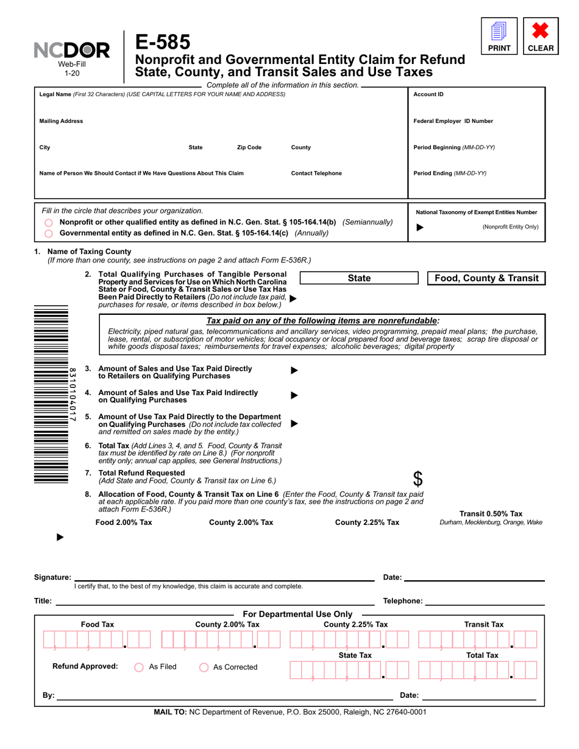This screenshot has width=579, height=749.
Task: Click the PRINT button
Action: (499, 37)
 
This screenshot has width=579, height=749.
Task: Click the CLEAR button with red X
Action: (541, 37)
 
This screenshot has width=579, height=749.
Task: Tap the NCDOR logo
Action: (72, 51)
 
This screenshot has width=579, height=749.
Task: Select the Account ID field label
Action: (428, 94)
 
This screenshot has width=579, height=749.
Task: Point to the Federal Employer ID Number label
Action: (453, 121)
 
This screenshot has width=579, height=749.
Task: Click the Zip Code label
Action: (249, 147)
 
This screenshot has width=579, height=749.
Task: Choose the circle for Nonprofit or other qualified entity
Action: (49, 223)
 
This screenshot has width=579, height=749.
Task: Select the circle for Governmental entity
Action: (49, 233)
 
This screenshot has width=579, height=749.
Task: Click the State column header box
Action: (358, 278)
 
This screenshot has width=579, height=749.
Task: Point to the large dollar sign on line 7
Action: (417, 479)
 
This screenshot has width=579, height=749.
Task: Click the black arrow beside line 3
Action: (294, 370)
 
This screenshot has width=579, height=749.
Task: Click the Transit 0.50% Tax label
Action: (491, 514)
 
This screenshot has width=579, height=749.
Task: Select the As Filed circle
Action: (138, 667)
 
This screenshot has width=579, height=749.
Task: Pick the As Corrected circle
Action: (204, 667)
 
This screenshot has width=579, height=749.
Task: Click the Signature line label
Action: (52, 577)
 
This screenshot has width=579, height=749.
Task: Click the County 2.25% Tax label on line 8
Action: (367, 522)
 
